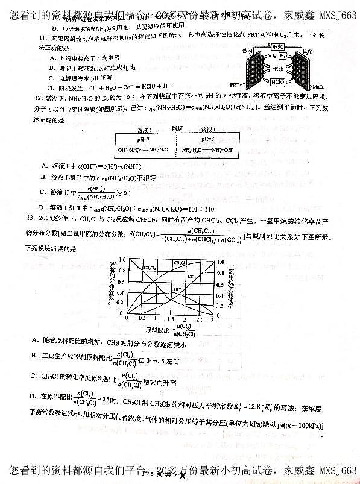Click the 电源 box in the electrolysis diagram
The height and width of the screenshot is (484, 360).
pyautogui.click(x=278, y=46)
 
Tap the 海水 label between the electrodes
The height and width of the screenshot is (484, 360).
pyautogui.click(x=279, y=68)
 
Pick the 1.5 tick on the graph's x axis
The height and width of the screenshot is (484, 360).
pyautogui.click(x=171, y=318)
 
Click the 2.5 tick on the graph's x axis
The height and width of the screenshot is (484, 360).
pyautogui.click(x=199, y=318)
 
